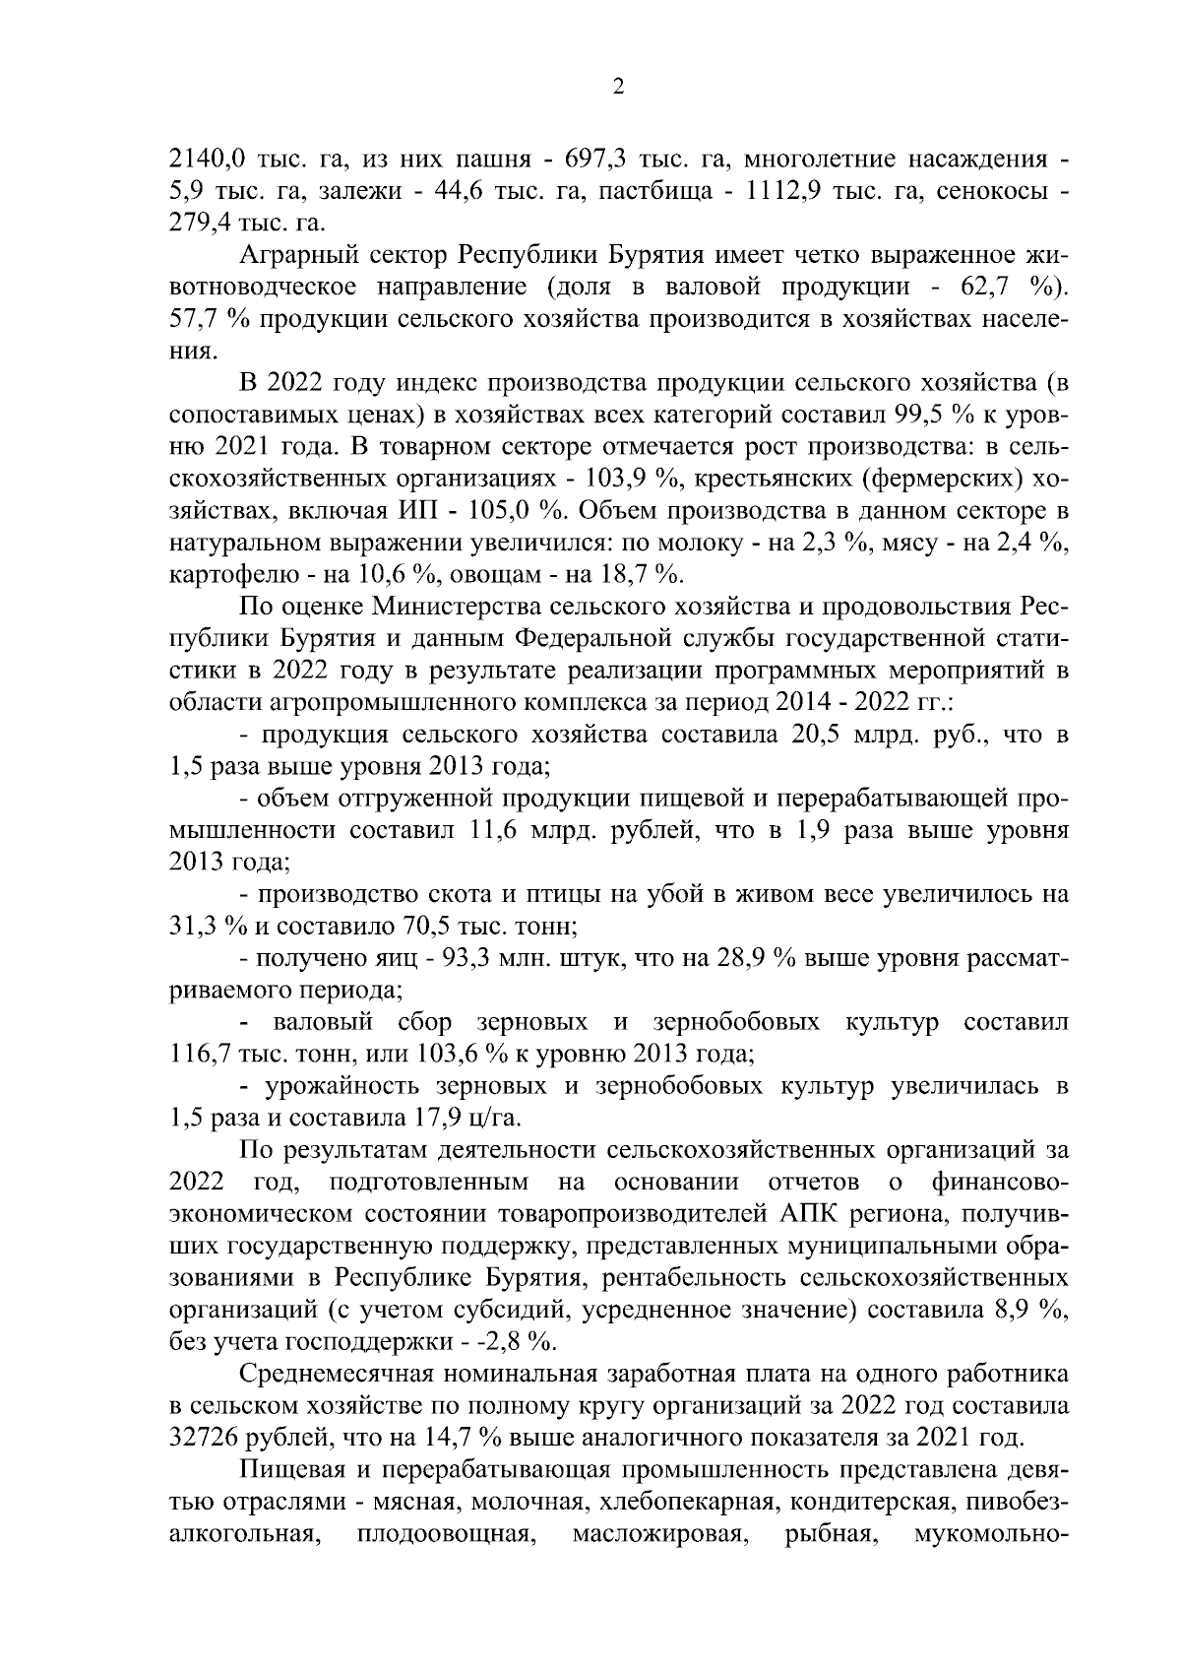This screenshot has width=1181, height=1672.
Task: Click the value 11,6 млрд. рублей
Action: (500, 830)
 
